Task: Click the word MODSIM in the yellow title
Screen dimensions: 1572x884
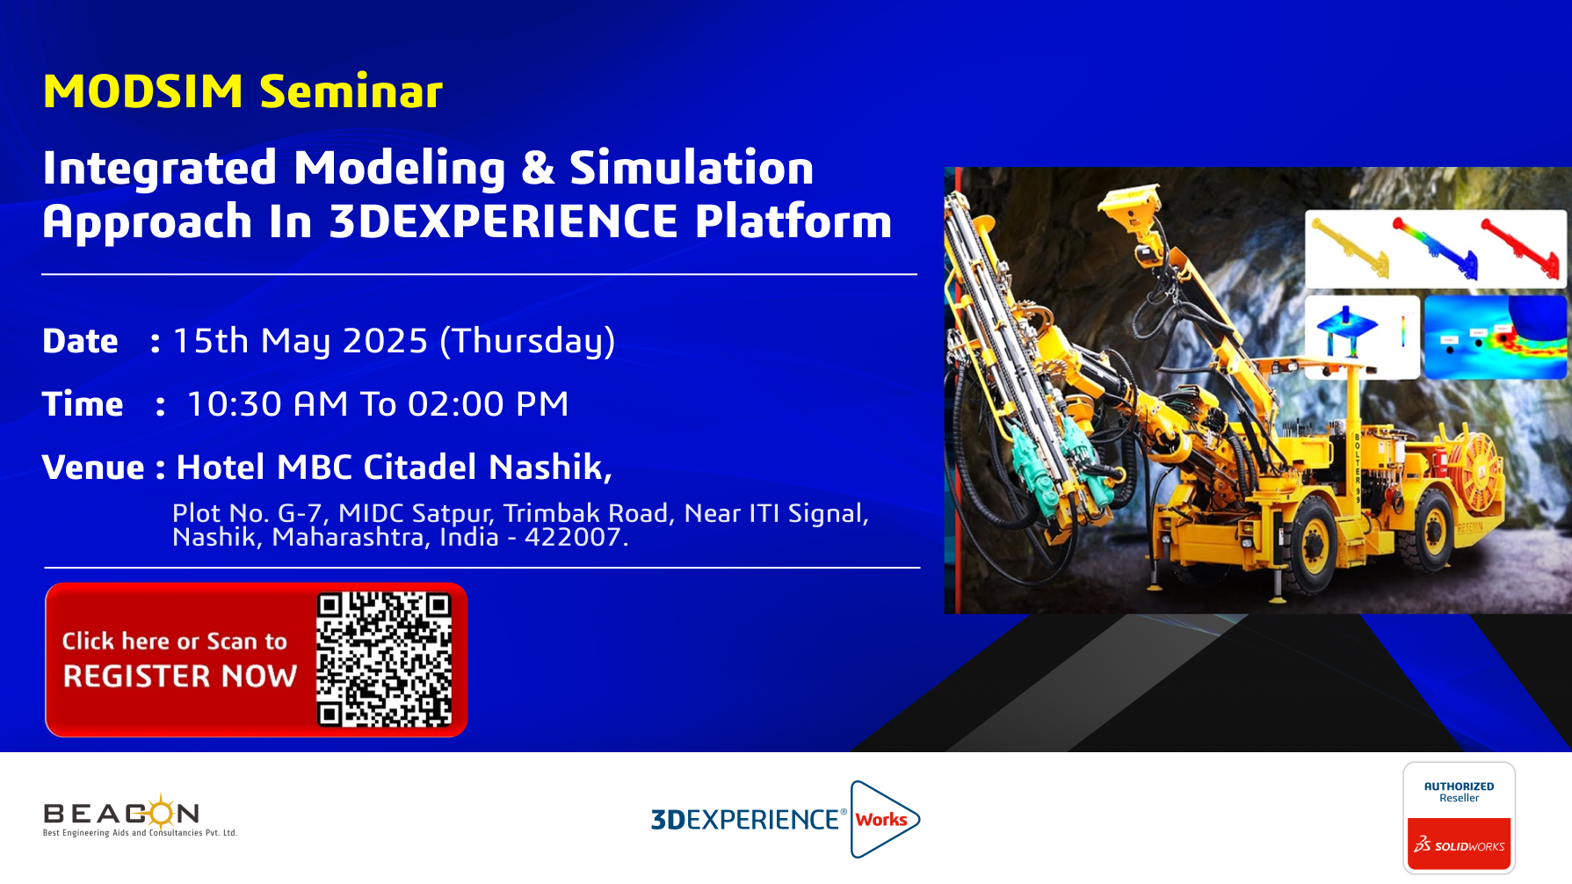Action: click(143, 91)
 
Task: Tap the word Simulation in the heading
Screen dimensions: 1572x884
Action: click(692, 168)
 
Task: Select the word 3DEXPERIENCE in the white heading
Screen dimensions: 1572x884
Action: click(503, 221)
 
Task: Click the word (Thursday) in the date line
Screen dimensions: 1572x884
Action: click(527, 342)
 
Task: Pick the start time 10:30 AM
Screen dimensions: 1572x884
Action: click(267, 404)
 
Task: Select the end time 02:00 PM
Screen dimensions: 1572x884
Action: click(488, 404)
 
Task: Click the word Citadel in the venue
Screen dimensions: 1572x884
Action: click(420, 467)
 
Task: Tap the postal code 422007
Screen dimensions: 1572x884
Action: click(576, 537)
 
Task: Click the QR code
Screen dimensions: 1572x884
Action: click(384, 659)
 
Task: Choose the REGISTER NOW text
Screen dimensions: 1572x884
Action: click(180, 677)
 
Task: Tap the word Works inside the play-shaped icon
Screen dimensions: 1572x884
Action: click(881, 820)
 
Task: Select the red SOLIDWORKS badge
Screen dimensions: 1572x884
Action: click(1459, 844)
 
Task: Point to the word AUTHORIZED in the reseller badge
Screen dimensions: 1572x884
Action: click(1459, 786)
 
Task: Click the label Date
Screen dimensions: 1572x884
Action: click(80, 341)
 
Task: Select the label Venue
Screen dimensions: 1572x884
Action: click(93, 467)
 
